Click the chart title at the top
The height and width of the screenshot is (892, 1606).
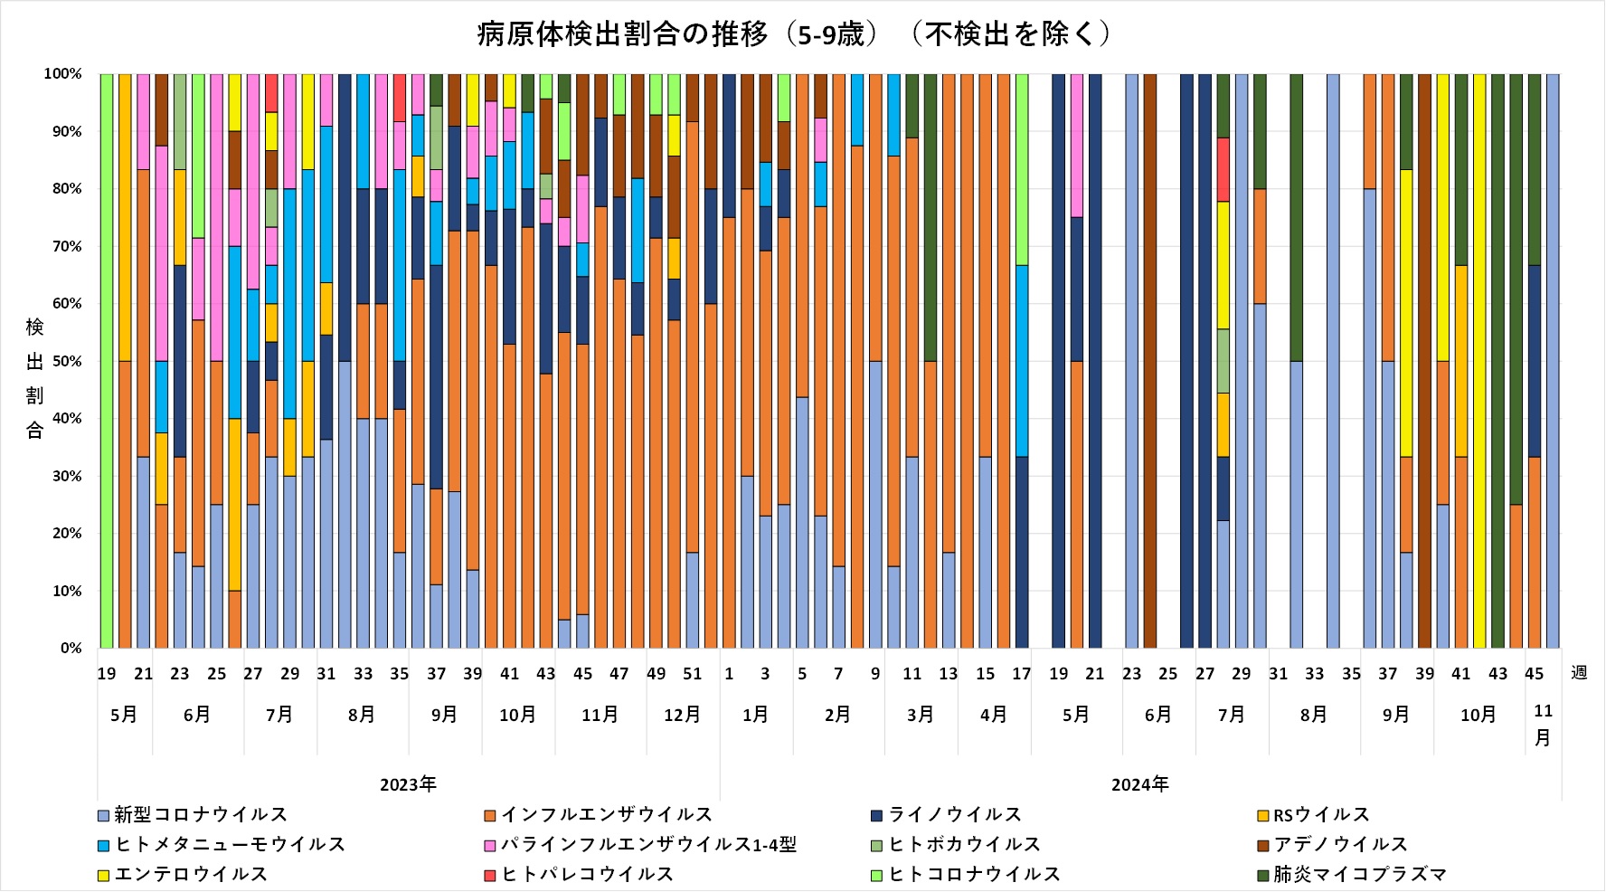point(792,34)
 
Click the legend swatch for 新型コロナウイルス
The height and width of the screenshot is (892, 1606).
point(103,815)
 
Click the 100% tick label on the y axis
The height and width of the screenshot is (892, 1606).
point(63,74)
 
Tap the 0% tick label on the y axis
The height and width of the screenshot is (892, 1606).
point(71,649)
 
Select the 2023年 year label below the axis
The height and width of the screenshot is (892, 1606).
point(408,784)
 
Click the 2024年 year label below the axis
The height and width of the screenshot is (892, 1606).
point(1139,784)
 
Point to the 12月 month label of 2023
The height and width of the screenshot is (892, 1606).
point(682,715)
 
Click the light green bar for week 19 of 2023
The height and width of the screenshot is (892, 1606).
point(107,362)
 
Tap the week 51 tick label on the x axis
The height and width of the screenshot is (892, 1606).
point(693,674)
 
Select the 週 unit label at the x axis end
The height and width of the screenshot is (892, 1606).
point(1579,673)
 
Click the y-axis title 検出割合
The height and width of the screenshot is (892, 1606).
point(34,378)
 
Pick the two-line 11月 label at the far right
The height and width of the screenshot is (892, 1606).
point(1543,726)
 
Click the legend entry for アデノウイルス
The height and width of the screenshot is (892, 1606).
point(1340,845)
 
